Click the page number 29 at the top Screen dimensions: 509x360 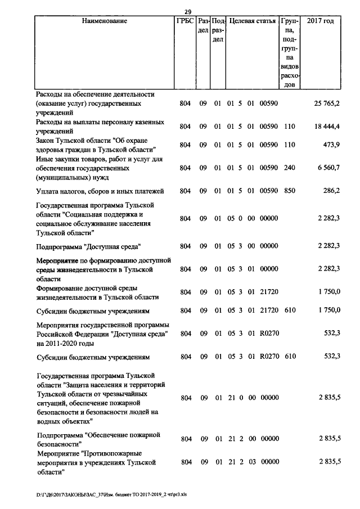coord(188,11)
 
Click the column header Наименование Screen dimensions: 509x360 coord(105,21)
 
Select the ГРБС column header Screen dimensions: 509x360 coord(186,21)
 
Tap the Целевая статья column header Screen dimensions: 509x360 coord(253,21)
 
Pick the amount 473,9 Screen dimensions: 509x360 coord(332,145)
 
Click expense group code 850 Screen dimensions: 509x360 coord(290,191)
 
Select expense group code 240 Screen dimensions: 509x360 coord(290,168)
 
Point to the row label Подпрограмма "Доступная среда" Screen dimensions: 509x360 coord(88,246)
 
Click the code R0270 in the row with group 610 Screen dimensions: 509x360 coord(269,357)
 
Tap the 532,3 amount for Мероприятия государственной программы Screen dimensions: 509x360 coord(332,334)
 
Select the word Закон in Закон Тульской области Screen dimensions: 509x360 coord(45,140)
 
